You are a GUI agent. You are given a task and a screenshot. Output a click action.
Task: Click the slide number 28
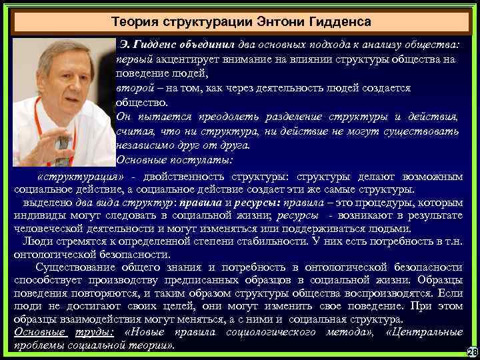point(471,351)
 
